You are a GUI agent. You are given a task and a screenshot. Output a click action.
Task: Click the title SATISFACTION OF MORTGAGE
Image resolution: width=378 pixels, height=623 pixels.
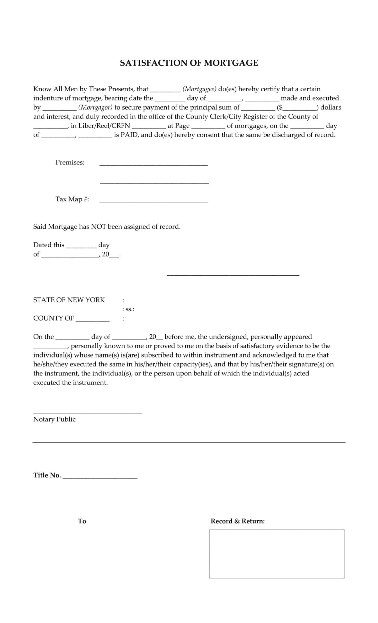click(189, 63)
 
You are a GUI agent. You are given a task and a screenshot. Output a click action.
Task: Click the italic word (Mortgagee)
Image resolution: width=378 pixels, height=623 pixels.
click(199, 89)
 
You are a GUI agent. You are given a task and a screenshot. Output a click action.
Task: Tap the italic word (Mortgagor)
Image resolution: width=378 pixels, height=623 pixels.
click(95, 108)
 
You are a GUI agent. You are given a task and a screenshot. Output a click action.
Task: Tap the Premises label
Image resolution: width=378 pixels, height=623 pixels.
click(70, 162)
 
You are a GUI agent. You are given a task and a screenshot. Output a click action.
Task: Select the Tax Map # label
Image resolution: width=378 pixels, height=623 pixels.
click(72, 199)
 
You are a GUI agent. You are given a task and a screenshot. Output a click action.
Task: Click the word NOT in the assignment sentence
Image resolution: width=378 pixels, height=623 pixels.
click(98, 227)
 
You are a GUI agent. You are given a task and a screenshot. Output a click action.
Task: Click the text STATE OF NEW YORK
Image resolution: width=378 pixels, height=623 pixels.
click(69, 300)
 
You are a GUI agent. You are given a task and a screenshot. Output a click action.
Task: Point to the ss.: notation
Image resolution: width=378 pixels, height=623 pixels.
click(128, 309)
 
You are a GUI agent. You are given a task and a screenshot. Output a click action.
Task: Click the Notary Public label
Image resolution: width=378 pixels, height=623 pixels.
click(54, 419)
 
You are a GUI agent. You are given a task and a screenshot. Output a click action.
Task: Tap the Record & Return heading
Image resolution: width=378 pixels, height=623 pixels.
click(237, 521)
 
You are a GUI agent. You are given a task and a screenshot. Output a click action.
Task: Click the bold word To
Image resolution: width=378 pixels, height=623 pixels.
click(82, 521)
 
